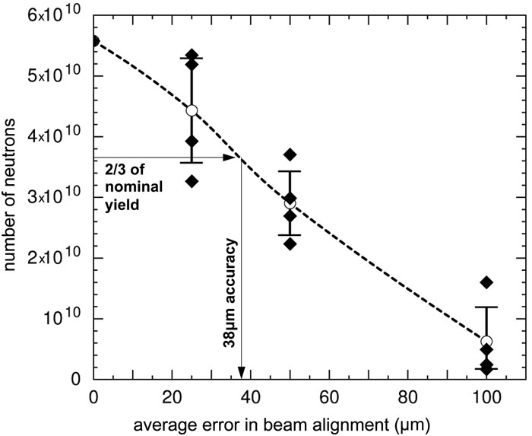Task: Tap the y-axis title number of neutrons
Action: click(13, 196)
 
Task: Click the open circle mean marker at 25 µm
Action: click(192, 110)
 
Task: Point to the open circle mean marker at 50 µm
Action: click(290, 203)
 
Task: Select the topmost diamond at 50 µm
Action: click(290, 154)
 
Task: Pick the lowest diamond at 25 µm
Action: click(192, 181)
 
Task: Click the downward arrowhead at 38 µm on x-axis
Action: click(241, 372)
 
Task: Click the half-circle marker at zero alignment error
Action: click(95, 40)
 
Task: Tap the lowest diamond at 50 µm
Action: click(290, 243)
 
